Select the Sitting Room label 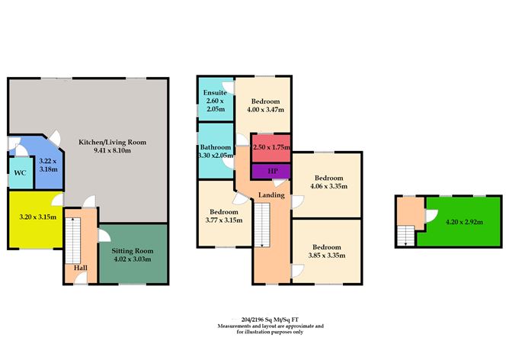coord(133,250)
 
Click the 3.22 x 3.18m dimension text coord(47,166)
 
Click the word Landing coord(271,195)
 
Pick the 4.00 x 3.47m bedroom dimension coord(265,110)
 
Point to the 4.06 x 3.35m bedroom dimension coord(329,185)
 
